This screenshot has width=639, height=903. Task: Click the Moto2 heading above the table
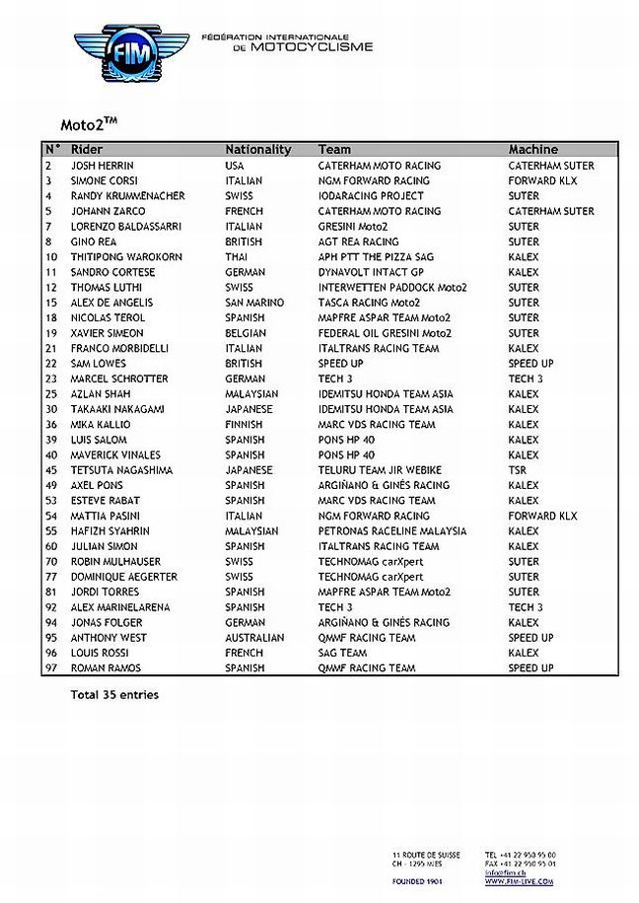pos(90,125)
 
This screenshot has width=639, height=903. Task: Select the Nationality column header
pos(257,150)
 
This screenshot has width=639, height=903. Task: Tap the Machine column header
pos(532,150)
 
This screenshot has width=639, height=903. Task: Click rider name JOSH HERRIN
pos(103,166)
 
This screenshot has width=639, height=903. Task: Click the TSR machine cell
pos(518,470)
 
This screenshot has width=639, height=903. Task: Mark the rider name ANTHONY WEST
pos(109,638)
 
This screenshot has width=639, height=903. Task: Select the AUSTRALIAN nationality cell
pos(253,638)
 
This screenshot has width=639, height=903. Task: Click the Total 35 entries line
pos(114,695)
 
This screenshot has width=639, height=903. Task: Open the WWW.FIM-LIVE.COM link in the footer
pos(519,880)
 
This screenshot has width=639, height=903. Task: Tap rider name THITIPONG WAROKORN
pos(126,257)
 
